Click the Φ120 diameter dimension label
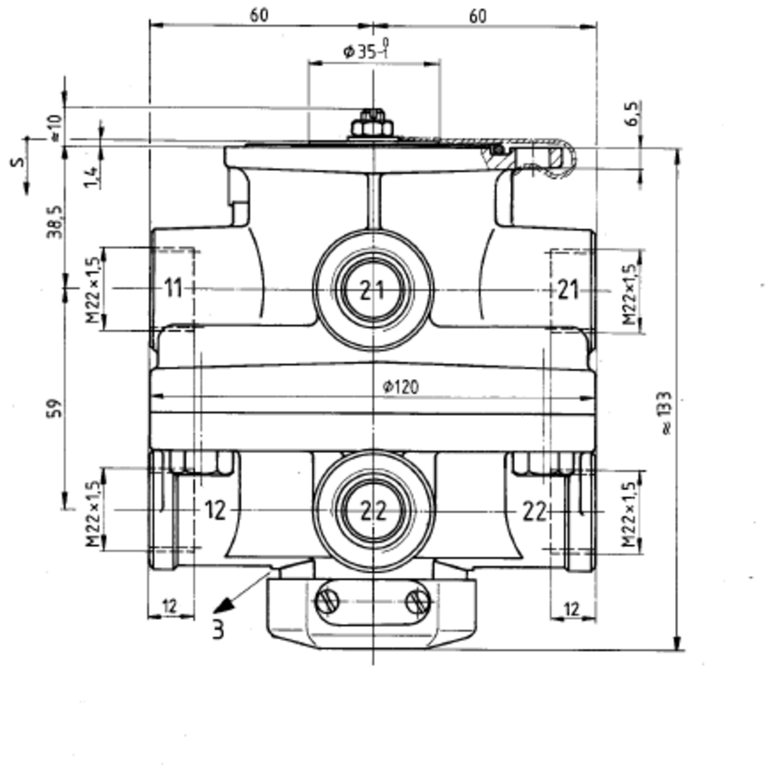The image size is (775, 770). click(x=400, y=387)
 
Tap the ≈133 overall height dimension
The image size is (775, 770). click(x=666, y=413)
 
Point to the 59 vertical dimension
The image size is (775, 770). click(x=56, y=408)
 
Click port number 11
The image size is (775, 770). click(x=173, y=288)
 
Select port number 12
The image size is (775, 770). click(x=215, y=511)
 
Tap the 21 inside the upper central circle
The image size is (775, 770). click(x=373, y=290)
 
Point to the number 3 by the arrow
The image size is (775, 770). click(x=218, y=630)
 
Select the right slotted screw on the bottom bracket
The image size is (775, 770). click(x=417, y=602)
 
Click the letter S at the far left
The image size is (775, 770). click(x=18, y=162)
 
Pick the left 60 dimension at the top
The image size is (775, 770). click(x=259, y=16)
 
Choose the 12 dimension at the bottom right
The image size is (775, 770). click(x=571, y=610)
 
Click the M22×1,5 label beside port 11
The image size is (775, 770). click(x=93, y=289)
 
